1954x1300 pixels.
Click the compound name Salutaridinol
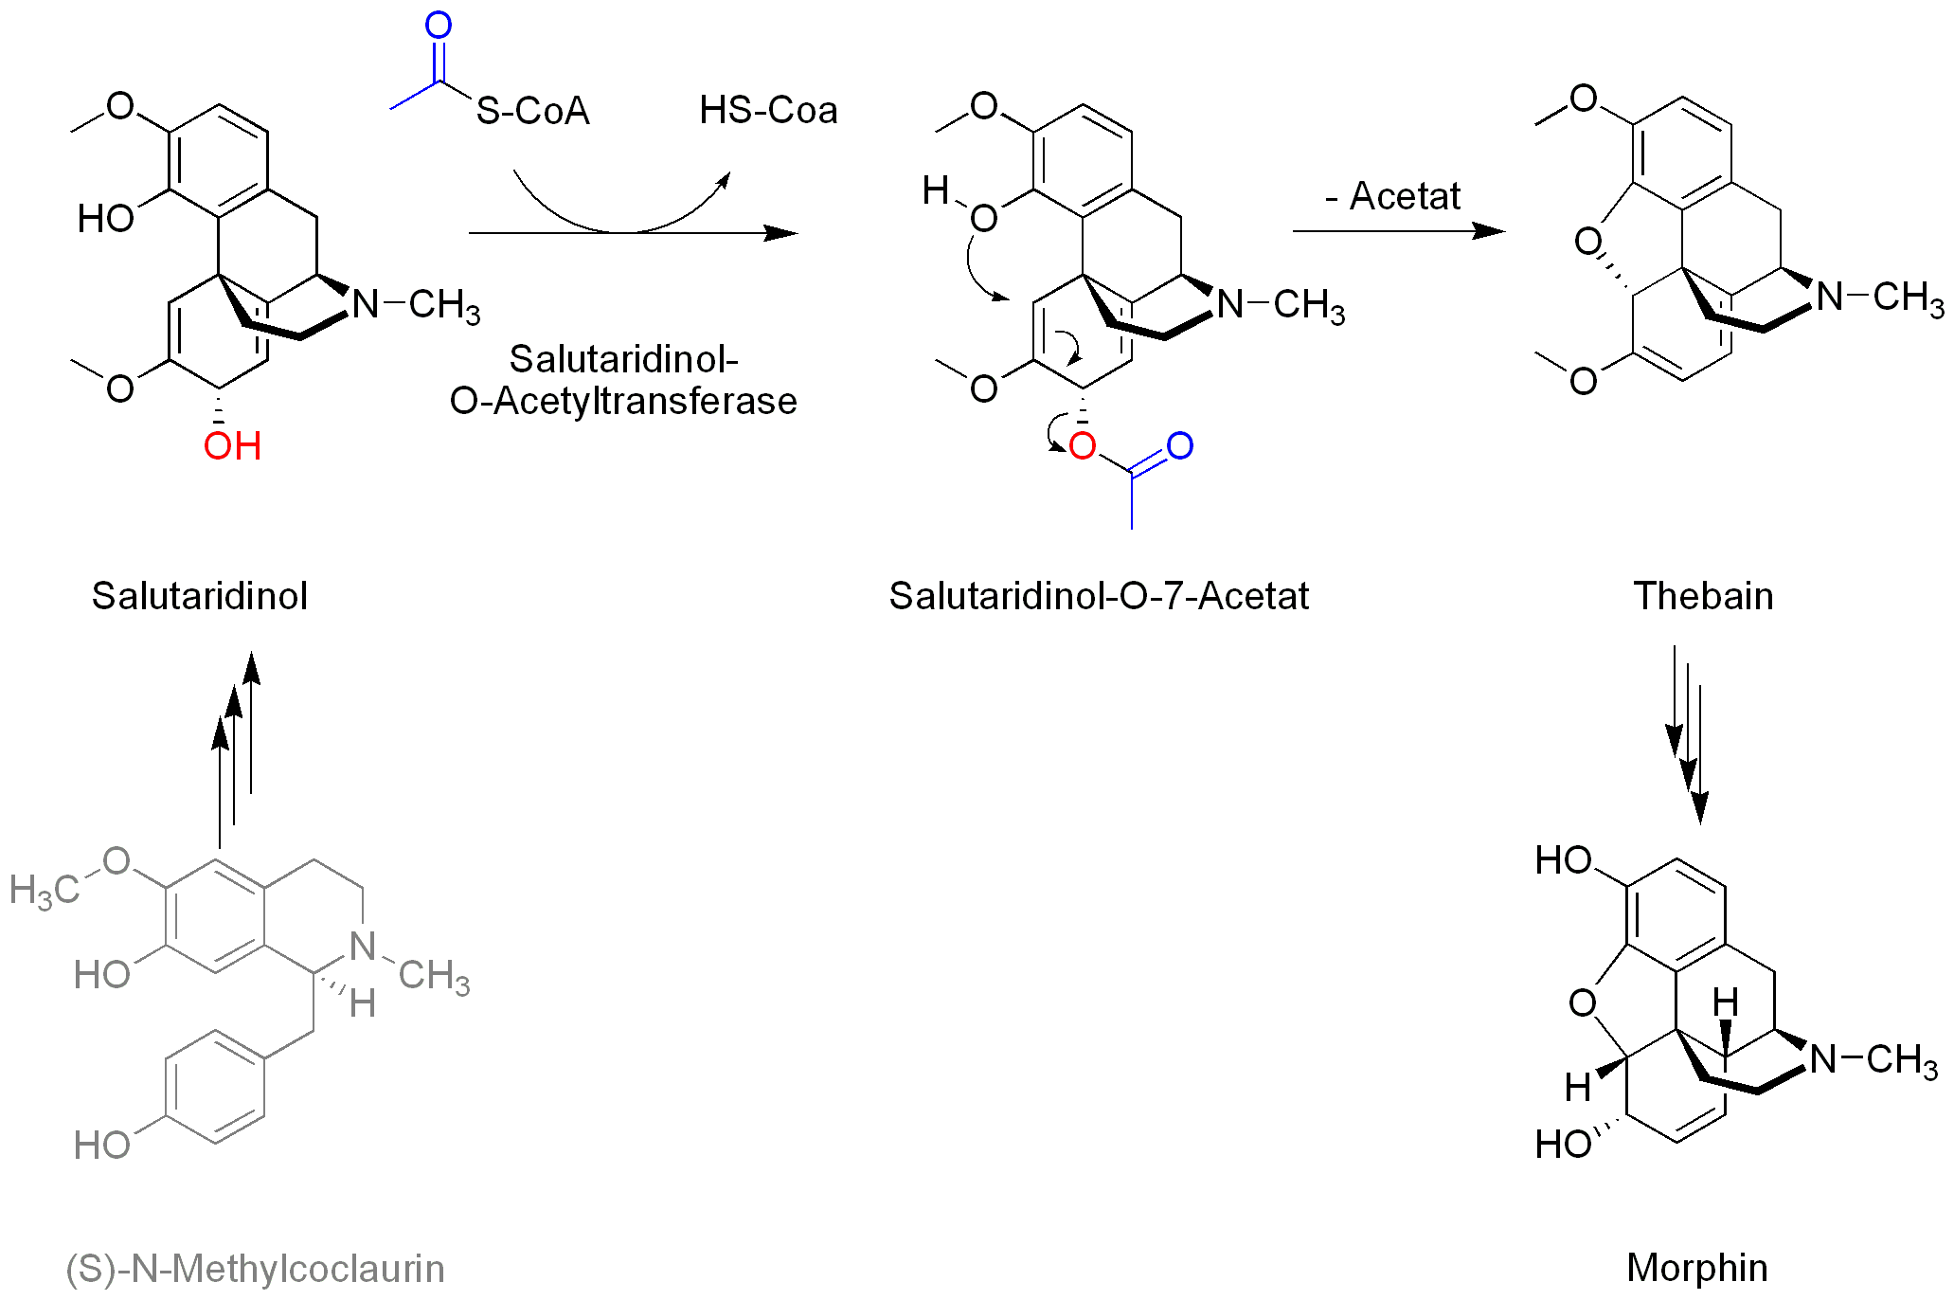click(x=199, y=596)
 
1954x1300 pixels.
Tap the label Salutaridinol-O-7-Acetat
click(x=1098, y=596)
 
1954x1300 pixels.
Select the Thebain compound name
click(x=1702, y=596)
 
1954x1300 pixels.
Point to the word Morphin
click(x=1696, y=1267)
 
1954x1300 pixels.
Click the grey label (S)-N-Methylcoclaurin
click(x=255, y=1268)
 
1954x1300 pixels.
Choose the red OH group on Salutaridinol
click(x=232, y=446)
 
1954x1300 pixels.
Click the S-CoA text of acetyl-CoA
click(x=532, y=111)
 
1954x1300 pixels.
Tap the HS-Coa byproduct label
click(x=768, y=110)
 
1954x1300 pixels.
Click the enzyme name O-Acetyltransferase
click(x=623, y=401)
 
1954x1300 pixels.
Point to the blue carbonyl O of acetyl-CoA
click(x=438, y=26)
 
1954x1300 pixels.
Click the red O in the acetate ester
click(x=1082, y=446)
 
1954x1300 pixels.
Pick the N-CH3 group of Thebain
click(x=1879, y=298)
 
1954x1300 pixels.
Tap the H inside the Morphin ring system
click(x=1725, y=1002)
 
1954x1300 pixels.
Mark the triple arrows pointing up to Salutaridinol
click(x=236, y=749)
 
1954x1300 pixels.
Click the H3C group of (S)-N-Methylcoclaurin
click(x=44, y=890)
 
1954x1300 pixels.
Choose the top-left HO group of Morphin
click(x=1563, y=860)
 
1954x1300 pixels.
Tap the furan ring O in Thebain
click(x=1587, y=242)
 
